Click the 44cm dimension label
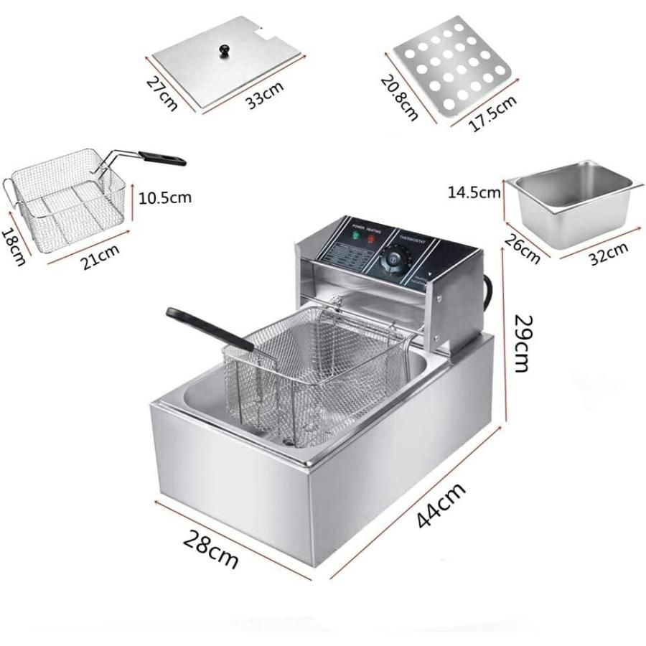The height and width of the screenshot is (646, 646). tap(441, 506)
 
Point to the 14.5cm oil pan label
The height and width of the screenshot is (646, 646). tap(474, 192)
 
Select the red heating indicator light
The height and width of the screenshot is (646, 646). tap(372, 239)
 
